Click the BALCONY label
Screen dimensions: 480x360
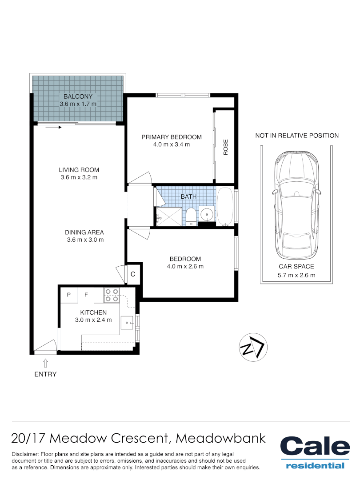[x=78, y=96]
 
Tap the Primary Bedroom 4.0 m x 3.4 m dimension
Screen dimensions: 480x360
[x=172, y=145]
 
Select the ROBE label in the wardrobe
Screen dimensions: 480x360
[x=225, y=147]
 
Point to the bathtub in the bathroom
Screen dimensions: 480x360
[x=225, y=206]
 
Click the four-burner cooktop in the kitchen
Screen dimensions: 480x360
[x=111, y=295]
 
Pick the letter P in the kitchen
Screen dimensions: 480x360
[x=69, y=295]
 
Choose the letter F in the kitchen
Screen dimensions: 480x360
[x=87, y=295]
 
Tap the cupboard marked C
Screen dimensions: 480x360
[x=133, y=275]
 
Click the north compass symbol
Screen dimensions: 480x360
[x=252, y=347]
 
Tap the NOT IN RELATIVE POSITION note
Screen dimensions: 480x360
[x=297, y=136]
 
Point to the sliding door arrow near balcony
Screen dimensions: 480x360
[x=53, y=128]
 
